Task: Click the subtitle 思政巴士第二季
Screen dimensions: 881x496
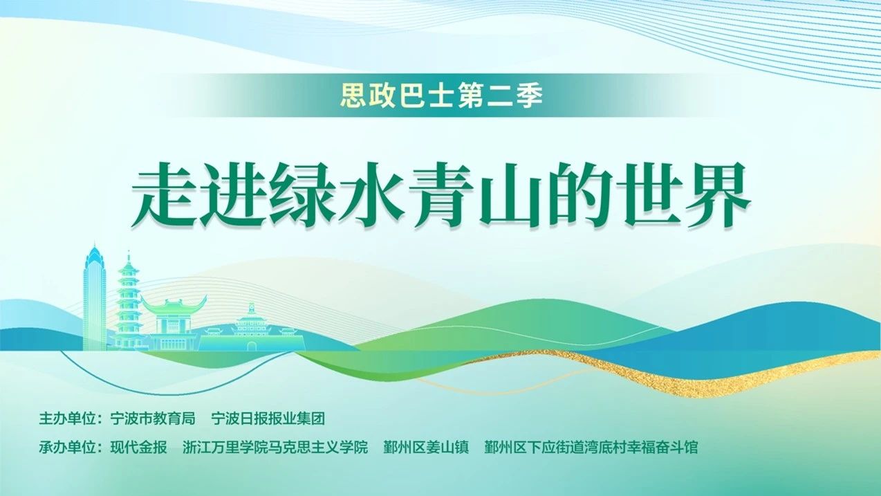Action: (x=441, y=95)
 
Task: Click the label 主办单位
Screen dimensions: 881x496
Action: (x=68, y=419)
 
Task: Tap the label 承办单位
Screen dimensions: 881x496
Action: (x=68, y=448)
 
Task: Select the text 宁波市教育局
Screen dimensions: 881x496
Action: (x=153, y=419)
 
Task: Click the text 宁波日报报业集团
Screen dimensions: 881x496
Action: (x=268, y=419)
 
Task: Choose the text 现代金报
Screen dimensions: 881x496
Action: (x=138, y=448)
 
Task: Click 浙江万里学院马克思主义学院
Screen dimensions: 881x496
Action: (x=275, y=448)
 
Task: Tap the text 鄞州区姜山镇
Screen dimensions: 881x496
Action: (x=426, y=448)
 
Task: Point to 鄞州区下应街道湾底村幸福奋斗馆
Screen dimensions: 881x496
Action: (x=591, y=448)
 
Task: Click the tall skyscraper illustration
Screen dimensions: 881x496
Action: (x=94, y=299)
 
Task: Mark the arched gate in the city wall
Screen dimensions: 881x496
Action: (x=251, y=345)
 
